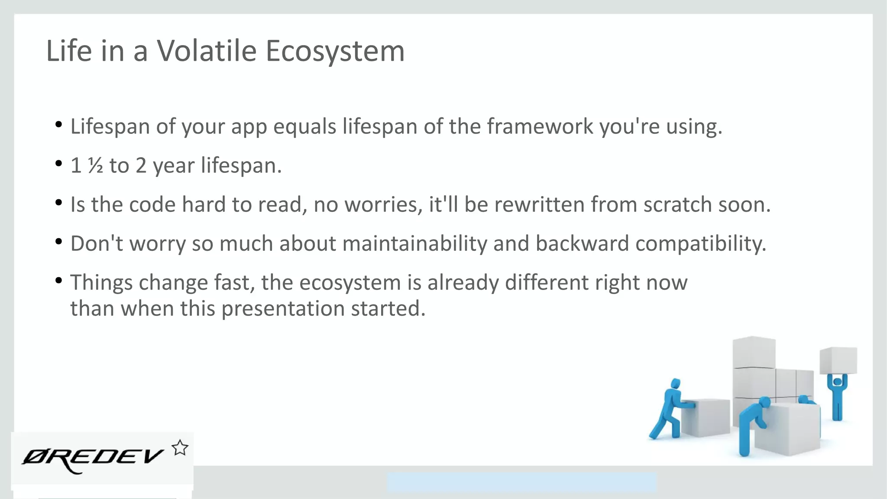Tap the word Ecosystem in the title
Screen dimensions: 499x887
point(335,51)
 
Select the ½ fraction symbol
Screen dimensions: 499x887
point(95,165)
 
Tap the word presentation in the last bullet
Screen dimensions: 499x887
point(283,308)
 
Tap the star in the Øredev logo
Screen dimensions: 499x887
point(180,448)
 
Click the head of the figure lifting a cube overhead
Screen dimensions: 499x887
point(838,382)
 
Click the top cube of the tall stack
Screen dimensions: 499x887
point(754,352)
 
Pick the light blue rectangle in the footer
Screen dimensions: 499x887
point(521,482)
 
